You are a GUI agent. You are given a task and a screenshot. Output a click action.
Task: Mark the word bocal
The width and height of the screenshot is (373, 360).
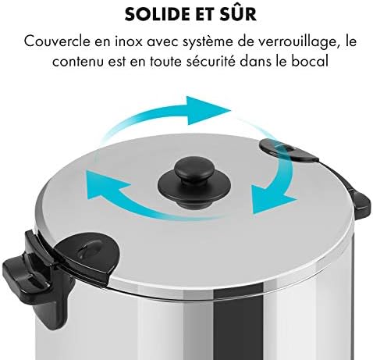pos(301,59)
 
